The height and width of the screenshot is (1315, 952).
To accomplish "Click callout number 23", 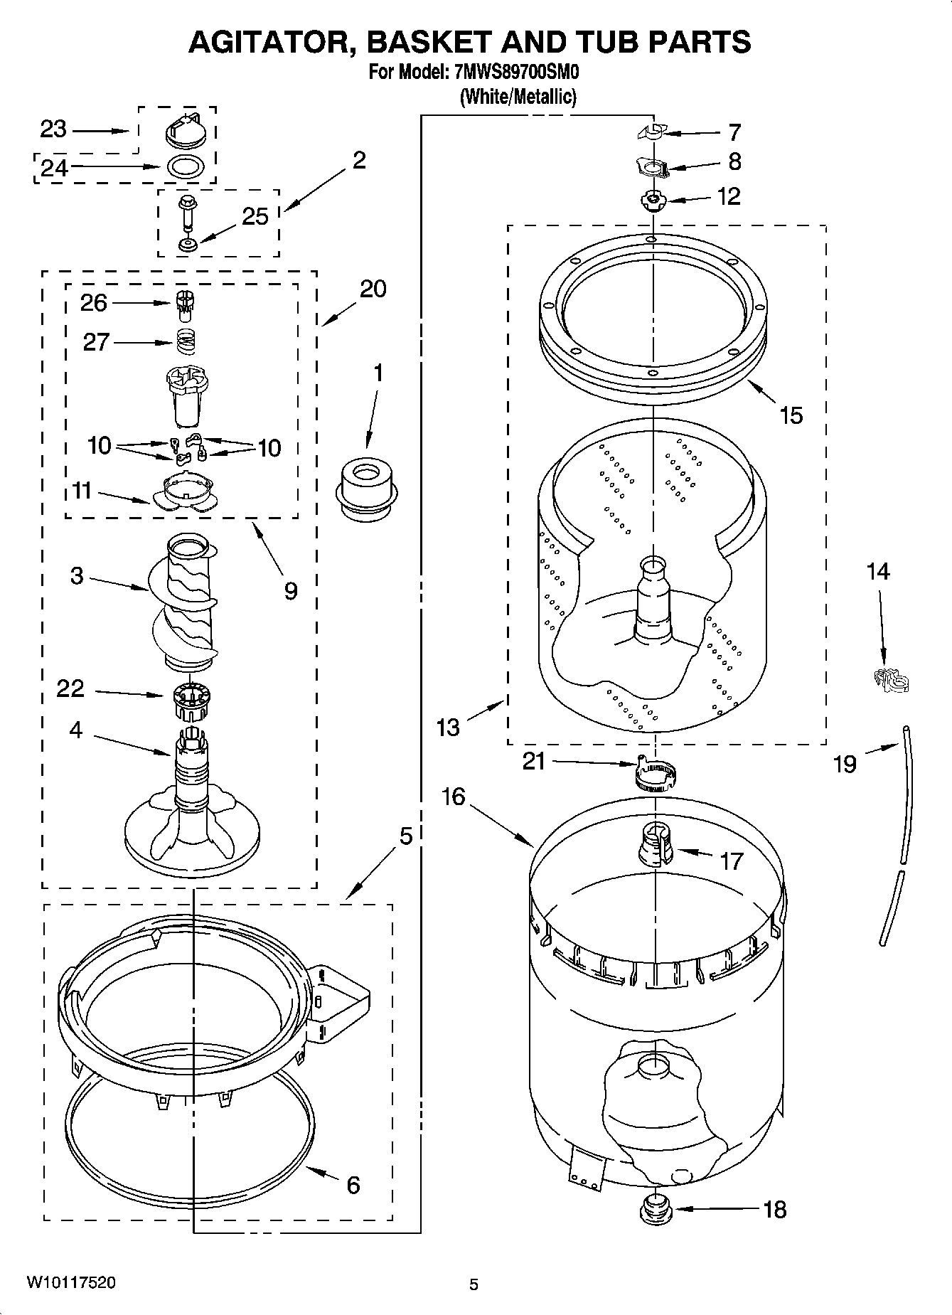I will click(x=53, y=129).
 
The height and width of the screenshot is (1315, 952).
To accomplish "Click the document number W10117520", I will click(x=70, y=1282).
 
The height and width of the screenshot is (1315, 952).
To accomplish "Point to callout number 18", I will click(x=775, y=1209).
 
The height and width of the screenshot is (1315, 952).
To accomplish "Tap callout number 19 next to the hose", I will click(x=845, y=764).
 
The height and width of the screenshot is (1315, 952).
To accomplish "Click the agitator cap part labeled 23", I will click(x=187, y=129).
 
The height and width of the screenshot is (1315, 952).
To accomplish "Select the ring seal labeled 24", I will click(x=186, y=168).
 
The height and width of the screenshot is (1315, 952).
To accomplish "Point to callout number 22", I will click(x=70, y=688).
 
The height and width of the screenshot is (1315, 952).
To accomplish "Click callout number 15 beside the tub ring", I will click(x=791, y=415).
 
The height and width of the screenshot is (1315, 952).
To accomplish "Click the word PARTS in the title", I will click(x=698, y=42).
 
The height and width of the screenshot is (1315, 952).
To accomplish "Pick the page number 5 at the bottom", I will click(x=474, y=1284).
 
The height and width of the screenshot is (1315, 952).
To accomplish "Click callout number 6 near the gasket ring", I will click(x=353, y=1185).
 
